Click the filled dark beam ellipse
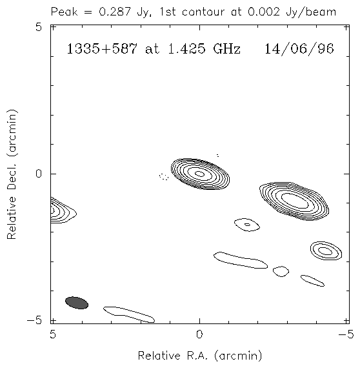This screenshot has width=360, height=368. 77,303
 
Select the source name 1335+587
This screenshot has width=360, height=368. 102,49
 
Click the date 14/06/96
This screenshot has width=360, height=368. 299,49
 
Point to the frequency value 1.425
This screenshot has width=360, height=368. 186,49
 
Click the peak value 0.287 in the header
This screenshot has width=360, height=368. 114,12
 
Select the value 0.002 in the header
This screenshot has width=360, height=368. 264,12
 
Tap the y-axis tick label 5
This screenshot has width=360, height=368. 39,27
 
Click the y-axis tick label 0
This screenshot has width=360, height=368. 39,174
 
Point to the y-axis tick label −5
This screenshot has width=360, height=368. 34,321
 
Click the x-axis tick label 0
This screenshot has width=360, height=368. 199,334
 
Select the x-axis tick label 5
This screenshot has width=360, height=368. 53,334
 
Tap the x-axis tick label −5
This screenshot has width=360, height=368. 346,334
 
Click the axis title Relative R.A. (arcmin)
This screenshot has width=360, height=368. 200,356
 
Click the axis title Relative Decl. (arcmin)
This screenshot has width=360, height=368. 12,174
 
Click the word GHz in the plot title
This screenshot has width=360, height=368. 227,49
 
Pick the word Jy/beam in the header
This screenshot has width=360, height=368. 311,12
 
